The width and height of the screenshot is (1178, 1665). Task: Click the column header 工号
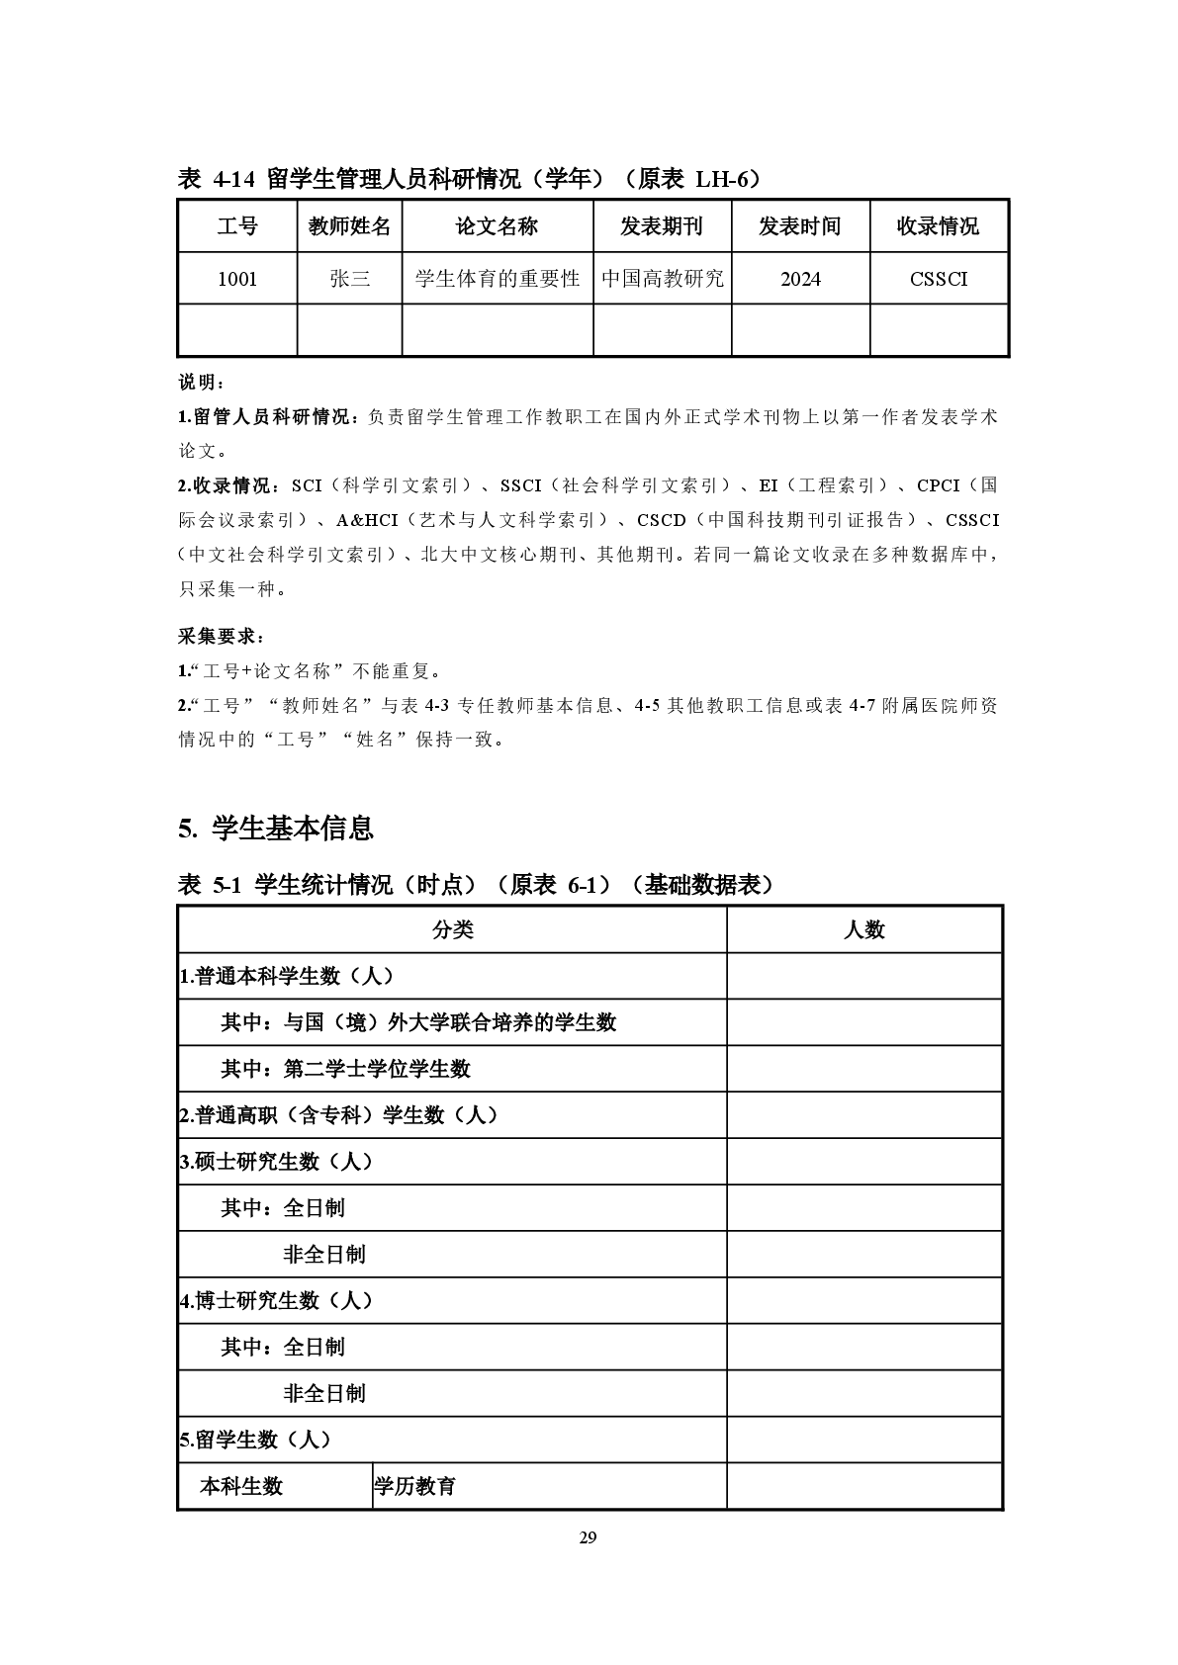pos(237,226)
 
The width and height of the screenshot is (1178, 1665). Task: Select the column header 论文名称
pos(497,226)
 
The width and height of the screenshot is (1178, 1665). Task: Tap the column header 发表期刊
pos(662,226)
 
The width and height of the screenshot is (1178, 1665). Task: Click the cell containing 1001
pos(237,279)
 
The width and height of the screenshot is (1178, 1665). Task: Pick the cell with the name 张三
pos(349,279)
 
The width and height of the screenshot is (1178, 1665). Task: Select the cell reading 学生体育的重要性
pos(497,279)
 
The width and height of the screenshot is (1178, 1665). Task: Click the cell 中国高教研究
pos(663,279)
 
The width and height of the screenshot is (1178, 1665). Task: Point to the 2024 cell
pos(800,279)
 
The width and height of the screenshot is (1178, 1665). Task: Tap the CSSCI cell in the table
pos(939,279)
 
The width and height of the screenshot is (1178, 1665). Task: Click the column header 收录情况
pos(938,226)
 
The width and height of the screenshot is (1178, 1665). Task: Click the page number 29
pos(589,1536)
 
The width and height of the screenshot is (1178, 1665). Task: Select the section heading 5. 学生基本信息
pos(276,828)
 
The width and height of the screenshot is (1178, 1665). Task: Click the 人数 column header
pos(863,929)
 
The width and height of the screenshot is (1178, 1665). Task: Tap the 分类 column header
pos(452,929)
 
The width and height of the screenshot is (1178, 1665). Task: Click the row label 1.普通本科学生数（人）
pos(287,976)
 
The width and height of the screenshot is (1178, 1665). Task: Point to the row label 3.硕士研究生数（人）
pos(277,1162)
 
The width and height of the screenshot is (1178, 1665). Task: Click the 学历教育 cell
pos(414,1486)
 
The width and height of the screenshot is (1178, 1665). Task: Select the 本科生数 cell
pos(241,1486)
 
